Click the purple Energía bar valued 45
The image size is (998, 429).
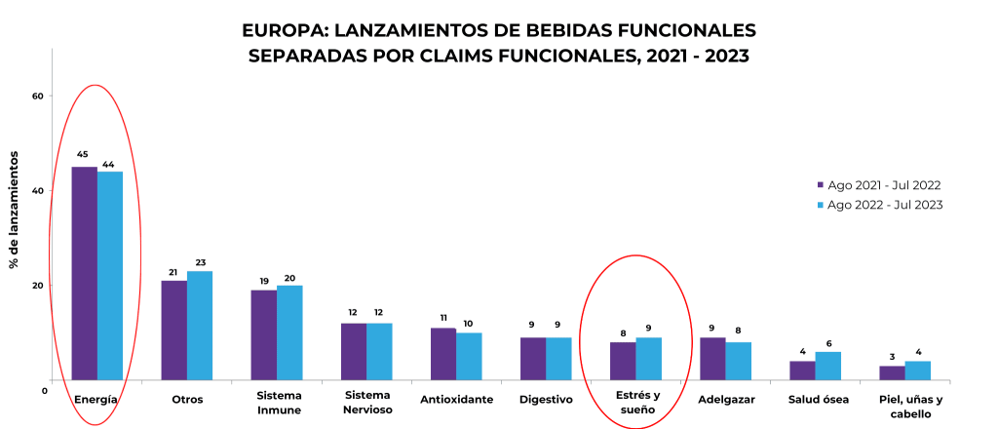click(84, 273)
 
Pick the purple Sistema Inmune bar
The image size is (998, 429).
click(263, 334)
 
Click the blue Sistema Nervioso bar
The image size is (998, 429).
click(379, 351)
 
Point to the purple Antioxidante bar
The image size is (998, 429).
click(443, 354)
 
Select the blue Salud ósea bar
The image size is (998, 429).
click(827, 366)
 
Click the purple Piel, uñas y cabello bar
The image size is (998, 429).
click(892, 372)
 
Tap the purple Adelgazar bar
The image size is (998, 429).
click(712, 358)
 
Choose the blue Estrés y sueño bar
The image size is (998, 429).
click(648, 358)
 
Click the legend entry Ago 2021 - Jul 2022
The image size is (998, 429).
click(883, 185)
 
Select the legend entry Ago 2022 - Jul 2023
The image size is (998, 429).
click(883, 205)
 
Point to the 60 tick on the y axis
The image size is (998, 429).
click(38, 96)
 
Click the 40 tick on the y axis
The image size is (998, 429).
click(38, 190)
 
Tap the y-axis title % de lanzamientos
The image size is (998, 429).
click(16, 209)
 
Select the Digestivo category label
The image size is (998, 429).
click(546, 400)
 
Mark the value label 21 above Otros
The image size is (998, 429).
click(173, 272)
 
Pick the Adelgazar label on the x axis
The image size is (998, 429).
click(725, 400)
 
